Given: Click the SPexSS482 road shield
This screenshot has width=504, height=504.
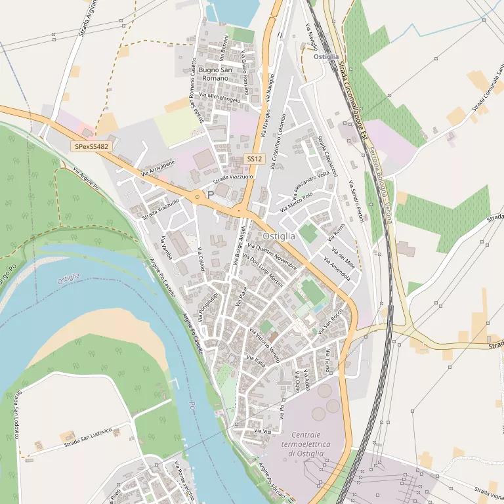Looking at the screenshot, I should point(91,147).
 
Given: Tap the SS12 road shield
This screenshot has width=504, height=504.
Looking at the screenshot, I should point(254,159).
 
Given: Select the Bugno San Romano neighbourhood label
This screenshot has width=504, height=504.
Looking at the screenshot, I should point(216,74).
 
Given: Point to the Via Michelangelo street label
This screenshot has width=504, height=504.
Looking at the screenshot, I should point(220,96).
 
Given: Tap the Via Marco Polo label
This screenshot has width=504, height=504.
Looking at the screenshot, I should point(296,201).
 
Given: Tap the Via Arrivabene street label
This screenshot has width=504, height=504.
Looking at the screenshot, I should point(158,168).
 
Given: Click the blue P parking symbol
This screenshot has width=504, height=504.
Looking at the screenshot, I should point(211,195).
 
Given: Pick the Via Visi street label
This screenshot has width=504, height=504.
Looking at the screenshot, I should point(262,431).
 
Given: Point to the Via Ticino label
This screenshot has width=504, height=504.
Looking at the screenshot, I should point(327,362).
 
